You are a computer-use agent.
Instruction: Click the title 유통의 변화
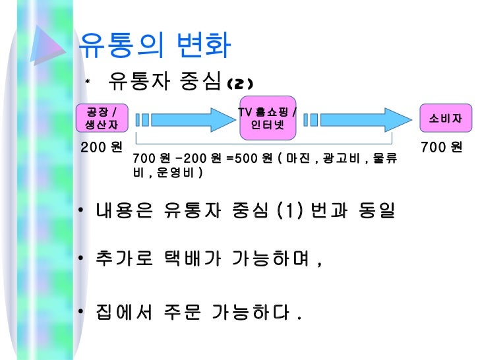[x=155, y=44]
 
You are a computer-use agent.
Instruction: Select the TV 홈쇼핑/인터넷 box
[x=267, y=117]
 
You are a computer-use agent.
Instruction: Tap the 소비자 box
[x=445, y=119]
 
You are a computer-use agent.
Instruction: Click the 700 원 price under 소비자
[x=441, y=146]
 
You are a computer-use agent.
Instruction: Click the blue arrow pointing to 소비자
[x=356, y=120]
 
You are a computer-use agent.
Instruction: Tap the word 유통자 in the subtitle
[x=137, y=82]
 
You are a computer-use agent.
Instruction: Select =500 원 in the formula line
[x=245, y=159]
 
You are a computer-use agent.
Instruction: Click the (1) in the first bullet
[x=288, y=212]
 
